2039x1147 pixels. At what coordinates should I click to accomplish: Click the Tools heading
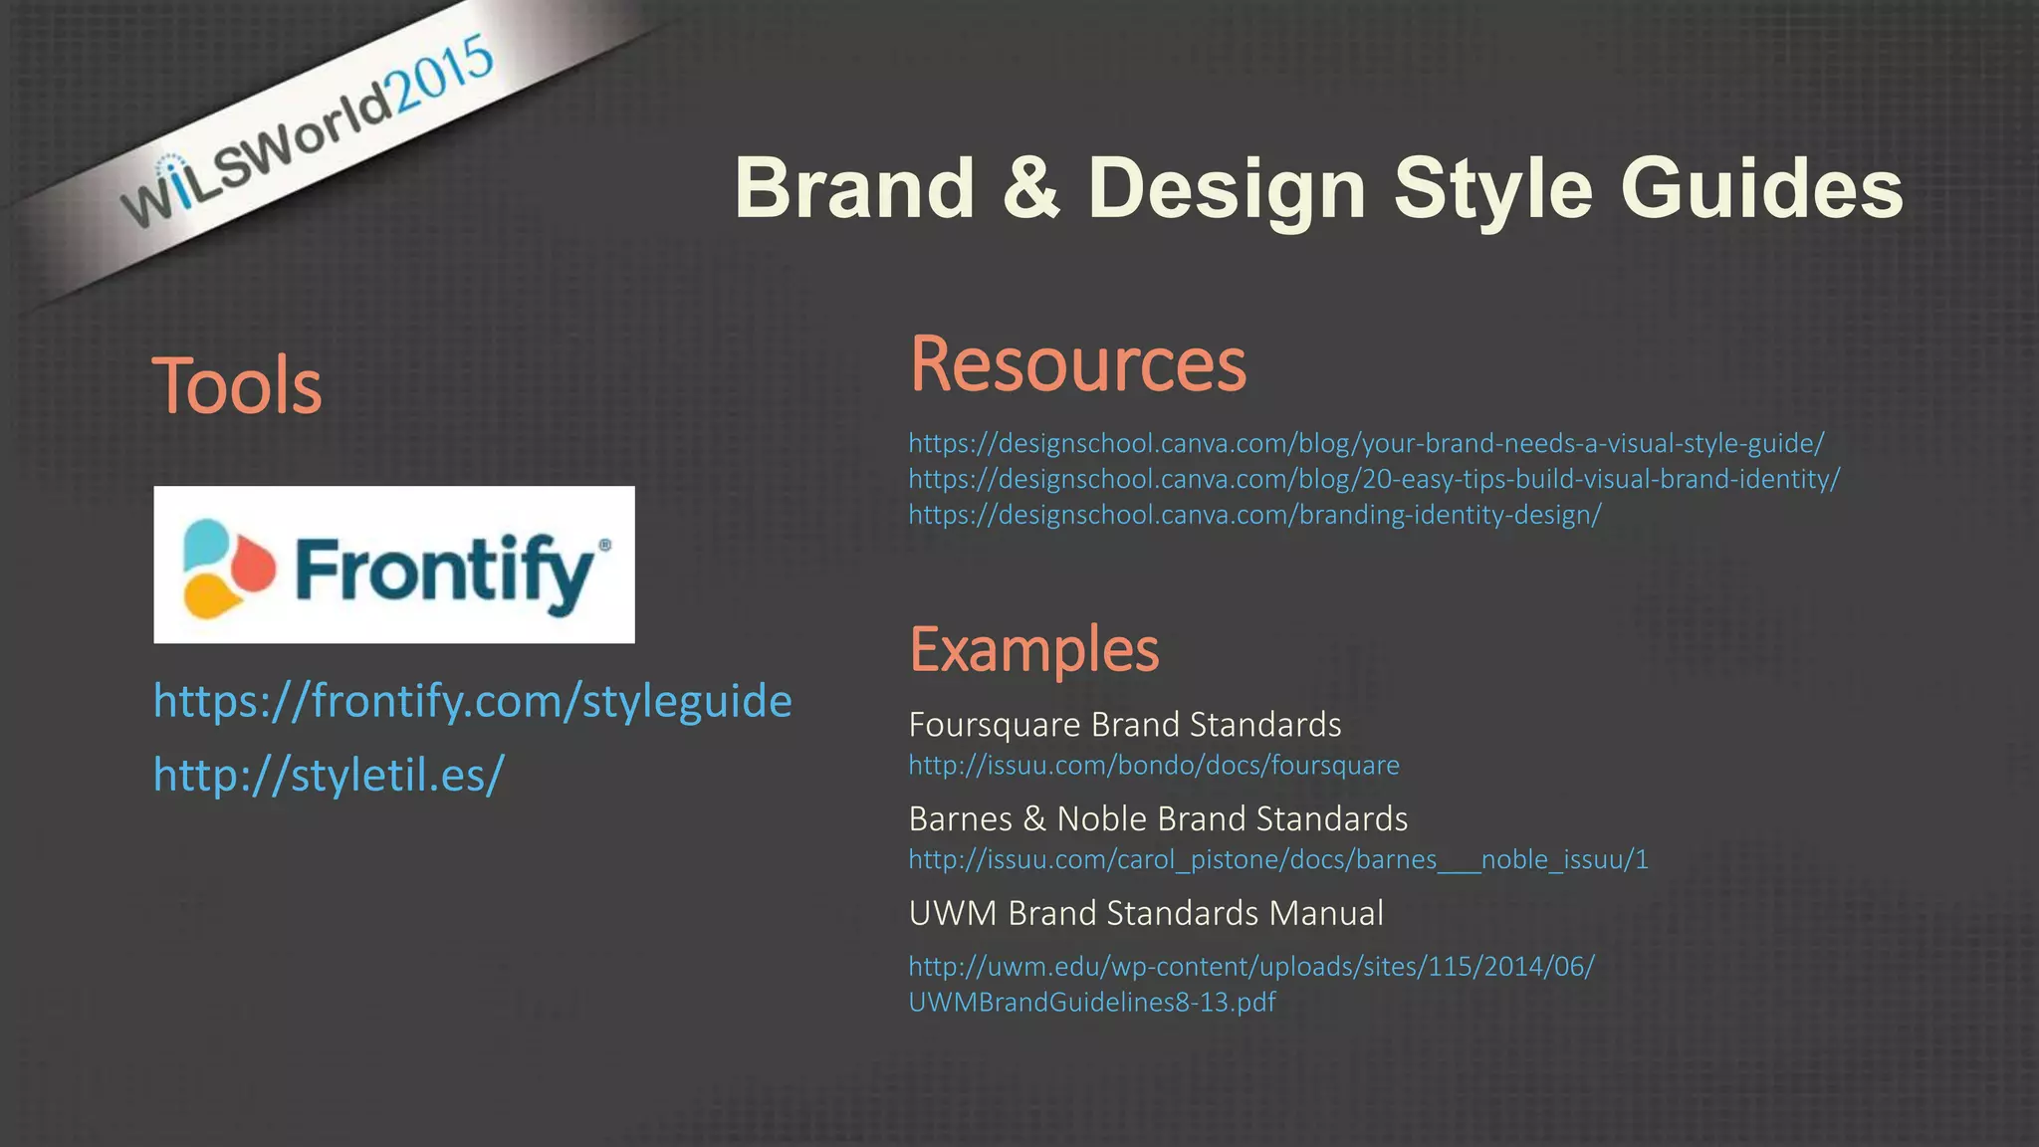point(237,386)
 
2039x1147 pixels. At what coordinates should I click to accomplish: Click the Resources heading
point(1077,364)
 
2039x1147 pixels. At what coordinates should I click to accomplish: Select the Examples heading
point(1033,649)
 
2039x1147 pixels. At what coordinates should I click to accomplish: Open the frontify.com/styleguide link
point(472,701)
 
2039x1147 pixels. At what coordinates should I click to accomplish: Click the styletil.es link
point(329,774)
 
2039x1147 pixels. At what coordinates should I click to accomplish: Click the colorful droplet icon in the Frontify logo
point(227,568)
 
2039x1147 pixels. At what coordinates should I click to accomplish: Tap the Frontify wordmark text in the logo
point(444,570)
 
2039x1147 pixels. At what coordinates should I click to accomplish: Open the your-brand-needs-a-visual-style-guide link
point(1365,443)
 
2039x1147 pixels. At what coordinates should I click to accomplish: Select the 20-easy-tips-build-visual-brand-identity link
point(1373,479)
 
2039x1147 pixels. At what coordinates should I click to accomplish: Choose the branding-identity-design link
point(1253,515)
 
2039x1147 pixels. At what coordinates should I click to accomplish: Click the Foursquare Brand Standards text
point(1124,725)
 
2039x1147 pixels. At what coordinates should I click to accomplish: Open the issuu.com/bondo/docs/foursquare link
point(1153,765)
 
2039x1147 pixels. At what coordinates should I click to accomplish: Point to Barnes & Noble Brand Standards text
point(1157,818)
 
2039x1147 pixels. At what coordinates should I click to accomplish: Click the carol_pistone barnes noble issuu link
point(1277,859)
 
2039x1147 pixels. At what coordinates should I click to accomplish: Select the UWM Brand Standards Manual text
point(1145,913)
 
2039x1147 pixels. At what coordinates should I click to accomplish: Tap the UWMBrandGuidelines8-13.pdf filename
point(1091,1002)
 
